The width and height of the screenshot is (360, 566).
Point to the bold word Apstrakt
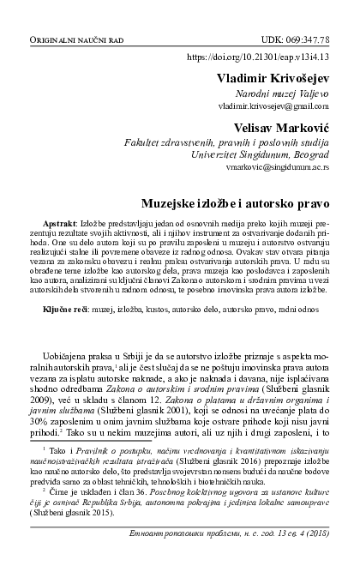(59, 223)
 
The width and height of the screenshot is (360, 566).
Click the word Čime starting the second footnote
(59, 492)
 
